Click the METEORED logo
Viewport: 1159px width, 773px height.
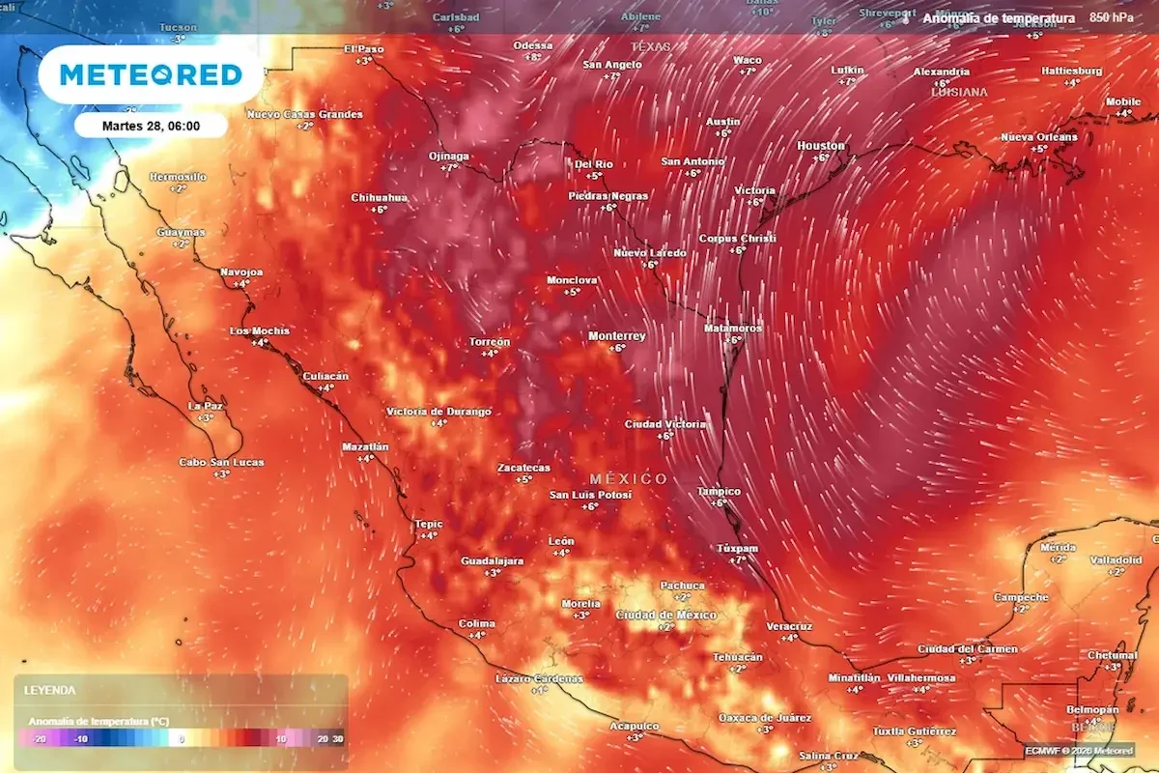tap(151, 74)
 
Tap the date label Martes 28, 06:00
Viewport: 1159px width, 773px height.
tap(151, 126)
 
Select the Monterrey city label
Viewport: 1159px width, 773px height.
tap(616, 336)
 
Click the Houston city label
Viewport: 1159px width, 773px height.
tap(820, 146)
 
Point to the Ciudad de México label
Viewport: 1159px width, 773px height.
tap(665, 615)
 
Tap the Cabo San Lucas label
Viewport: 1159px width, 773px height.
tap(221, 463)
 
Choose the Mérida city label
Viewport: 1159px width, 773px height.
tap(1058, 548)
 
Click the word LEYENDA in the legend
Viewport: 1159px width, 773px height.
tap(50, 690)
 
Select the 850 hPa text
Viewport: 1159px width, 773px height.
tap(1111, 17)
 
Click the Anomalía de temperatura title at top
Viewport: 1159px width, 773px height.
tap(998, 18)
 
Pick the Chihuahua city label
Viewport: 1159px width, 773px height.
tap(379, 197)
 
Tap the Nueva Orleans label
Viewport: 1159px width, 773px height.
tap(1037, 137)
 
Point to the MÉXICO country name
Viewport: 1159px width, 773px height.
tap(628, 478)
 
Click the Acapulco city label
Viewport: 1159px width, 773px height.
tap(634, 726)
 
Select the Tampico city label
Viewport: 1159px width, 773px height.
tap(718, 491)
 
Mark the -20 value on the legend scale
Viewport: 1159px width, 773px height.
tap(40, 739)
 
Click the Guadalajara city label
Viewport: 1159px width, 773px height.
tap(493, 560)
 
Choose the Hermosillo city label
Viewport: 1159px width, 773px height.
tap(178, 177)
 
